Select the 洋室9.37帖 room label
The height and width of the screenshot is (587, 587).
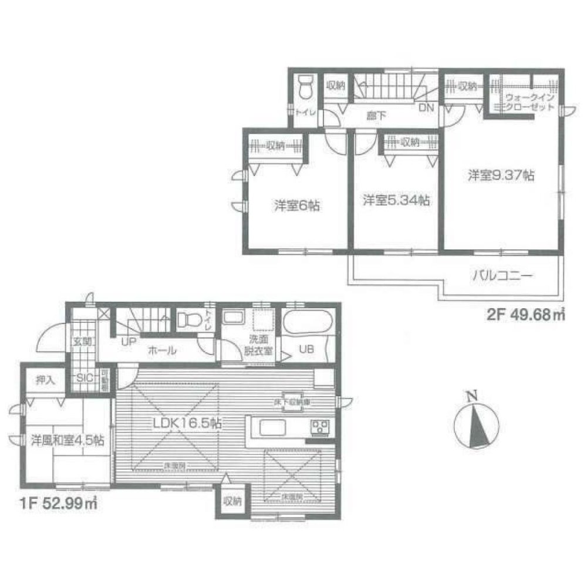point(501,175)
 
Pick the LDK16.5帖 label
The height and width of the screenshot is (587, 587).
point(186,423)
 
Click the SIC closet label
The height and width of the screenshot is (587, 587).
point(83,377)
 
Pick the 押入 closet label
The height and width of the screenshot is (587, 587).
point(45,380)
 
